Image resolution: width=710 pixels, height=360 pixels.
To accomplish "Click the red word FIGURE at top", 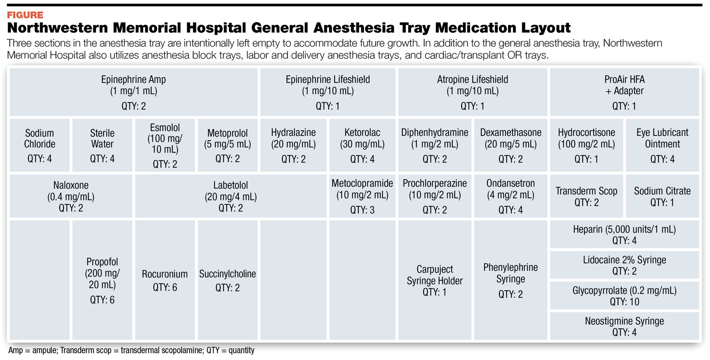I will [x=25, y=15].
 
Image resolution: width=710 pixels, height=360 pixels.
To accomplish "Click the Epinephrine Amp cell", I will [x=133, y=92].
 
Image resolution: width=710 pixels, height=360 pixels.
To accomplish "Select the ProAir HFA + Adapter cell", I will [x=624, y=92].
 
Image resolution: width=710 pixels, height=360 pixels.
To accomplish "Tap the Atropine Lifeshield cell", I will [x=472, y=92].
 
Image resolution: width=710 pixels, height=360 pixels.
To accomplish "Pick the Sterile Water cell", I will [x=102, y=145].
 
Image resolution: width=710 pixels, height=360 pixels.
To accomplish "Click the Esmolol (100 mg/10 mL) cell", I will [x=165, y=145].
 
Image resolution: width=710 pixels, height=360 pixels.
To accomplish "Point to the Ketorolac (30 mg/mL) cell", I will [x=362, y=145].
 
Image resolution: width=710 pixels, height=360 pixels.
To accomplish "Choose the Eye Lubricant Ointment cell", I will [x=662, y=145].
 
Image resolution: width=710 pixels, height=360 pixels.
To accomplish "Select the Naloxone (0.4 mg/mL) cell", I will [x=71, y=196].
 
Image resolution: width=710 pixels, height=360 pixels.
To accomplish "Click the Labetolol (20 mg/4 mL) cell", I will [x=230, y=196].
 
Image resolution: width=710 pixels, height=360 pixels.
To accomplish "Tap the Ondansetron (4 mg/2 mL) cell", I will [x=510, y=196].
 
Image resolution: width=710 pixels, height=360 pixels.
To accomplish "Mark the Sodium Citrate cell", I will [x=662, y=196].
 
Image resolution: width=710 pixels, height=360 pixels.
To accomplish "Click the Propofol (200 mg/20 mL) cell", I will [x=102, y=280].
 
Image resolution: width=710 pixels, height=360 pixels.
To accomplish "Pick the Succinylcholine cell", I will [x=227, y=280].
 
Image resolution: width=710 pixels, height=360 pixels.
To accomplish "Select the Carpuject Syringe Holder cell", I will [x=434, y=280].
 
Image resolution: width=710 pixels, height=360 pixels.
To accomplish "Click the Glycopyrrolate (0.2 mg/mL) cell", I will [x=624, y=291].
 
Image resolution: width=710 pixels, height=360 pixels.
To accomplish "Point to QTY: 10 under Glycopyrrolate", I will [x=624, y=302].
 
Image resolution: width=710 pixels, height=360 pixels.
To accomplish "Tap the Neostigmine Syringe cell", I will [x=624, y=326].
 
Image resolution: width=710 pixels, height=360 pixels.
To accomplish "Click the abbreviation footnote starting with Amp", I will [x=131, y=350].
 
